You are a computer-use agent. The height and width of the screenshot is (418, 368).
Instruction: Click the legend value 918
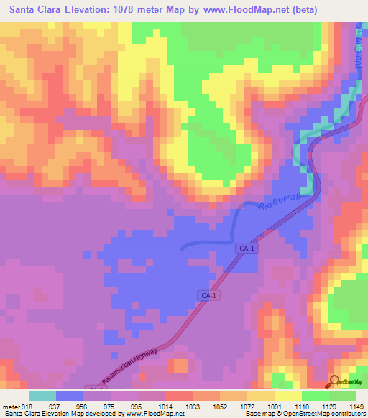pos(28,406)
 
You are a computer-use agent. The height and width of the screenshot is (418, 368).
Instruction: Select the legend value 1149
pos(357,406)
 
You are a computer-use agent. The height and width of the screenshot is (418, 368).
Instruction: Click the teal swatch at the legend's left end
pos(42,396)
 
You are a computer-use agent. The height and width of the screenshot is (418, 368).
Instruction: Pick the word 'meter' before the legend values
pos(11,406)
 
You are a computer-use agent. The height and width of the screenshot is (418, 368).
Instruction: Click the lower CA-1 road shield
pos(207,295)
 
